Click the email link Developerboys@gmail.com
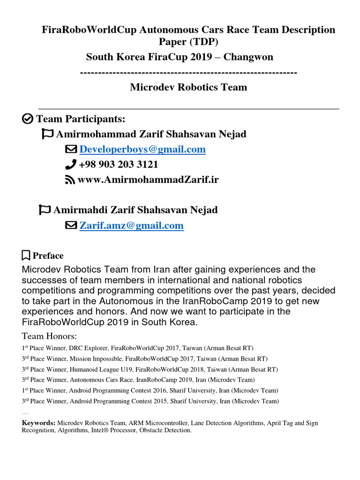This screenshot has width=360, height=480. click(x=142, y=150)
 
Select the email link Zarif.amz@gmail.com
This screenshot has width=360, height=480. click(x=131, y=225)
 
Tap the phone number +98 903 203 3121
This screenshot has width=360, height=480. click(x=119, y=165)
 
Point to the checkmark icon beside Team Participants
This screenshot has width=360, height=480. click(x=28, y=119)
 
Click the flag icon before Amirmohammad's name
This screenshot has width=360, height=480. click(x=47, y=134)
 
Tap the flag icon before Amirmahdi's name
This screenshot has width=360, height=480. click(x=45, y=210)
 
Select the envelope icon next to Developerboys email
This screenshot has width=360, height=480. click(x=70, y=150)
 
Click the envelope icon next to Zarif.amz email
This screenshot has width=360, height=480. click(x=70, y=225)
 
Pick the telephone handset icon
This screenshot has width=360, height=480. click(x=70, y=165)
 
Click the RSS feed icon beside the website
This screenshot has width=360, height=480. click(x=70, y=180)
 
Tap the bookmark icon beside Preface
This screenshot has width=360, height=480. click(x=26, y=255)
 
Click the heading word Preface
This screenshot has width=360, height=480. click(x=48, y=255)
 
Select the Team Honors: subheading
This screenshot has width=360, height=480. click(x=49, y=336)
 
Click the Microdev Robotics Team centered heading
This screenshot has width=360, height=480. click(x=188, y=87)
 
